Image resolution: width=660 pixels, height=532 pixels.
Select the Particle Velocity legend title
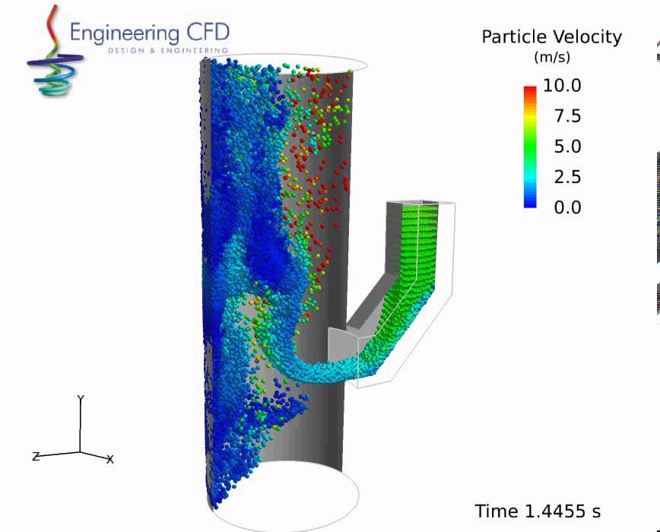click(x=551, y=36)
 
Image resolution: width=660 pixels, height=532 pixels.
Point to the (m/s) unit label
click(x=551, y=57)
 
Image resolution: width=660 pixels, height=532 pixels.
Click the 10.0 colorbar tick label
click(x=561, y=85)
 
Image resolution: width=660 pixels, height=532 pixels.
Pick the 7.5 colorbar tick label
click(x=565, y=116)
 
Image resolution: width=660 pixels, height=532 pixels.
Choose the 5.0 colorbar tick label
click(x=565, y=146)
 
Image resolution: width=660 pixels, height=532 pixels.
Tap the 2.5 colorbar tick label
click(x=565, y=176)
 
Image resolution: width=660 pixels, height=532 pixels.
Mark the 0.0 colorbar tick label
click(x=565, y=207)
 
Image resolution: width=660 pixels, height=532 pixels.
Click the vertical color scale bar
click(x=530, y=146)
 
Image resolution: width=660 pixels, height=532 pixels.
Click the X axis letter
click(x=110, y=459)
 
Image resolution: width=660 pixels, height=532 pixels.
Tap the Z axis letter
click(x=35, y=456)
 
